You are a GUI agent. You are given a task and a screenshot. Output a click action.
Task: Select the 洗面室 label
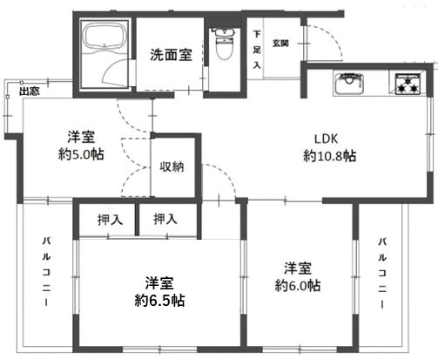coord(171,55)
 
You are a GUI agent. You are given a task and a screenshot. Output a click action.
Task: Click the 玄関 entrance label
coord(280,42)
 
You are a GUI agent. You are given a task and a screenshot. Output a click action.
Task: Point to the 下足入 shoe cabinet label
coord(257,51)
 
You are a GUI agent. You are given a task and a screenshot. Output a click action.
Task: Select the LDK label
coord(328,138)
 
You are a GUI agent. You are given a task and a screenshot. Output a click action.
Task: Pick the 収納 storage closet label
coord(171,166)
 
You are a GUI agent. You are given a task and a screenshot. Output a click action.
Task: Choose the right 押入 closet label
coord(165,220)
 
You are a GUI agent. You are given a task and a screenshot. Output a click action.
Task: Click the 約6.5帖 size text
coord(159,301)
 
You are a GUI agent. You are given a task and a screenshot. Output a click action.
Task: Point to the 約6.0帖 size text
coord(298,285)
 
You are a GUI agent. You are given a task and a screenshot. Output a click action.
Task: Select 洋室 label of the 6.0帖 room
coord(298,268)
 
